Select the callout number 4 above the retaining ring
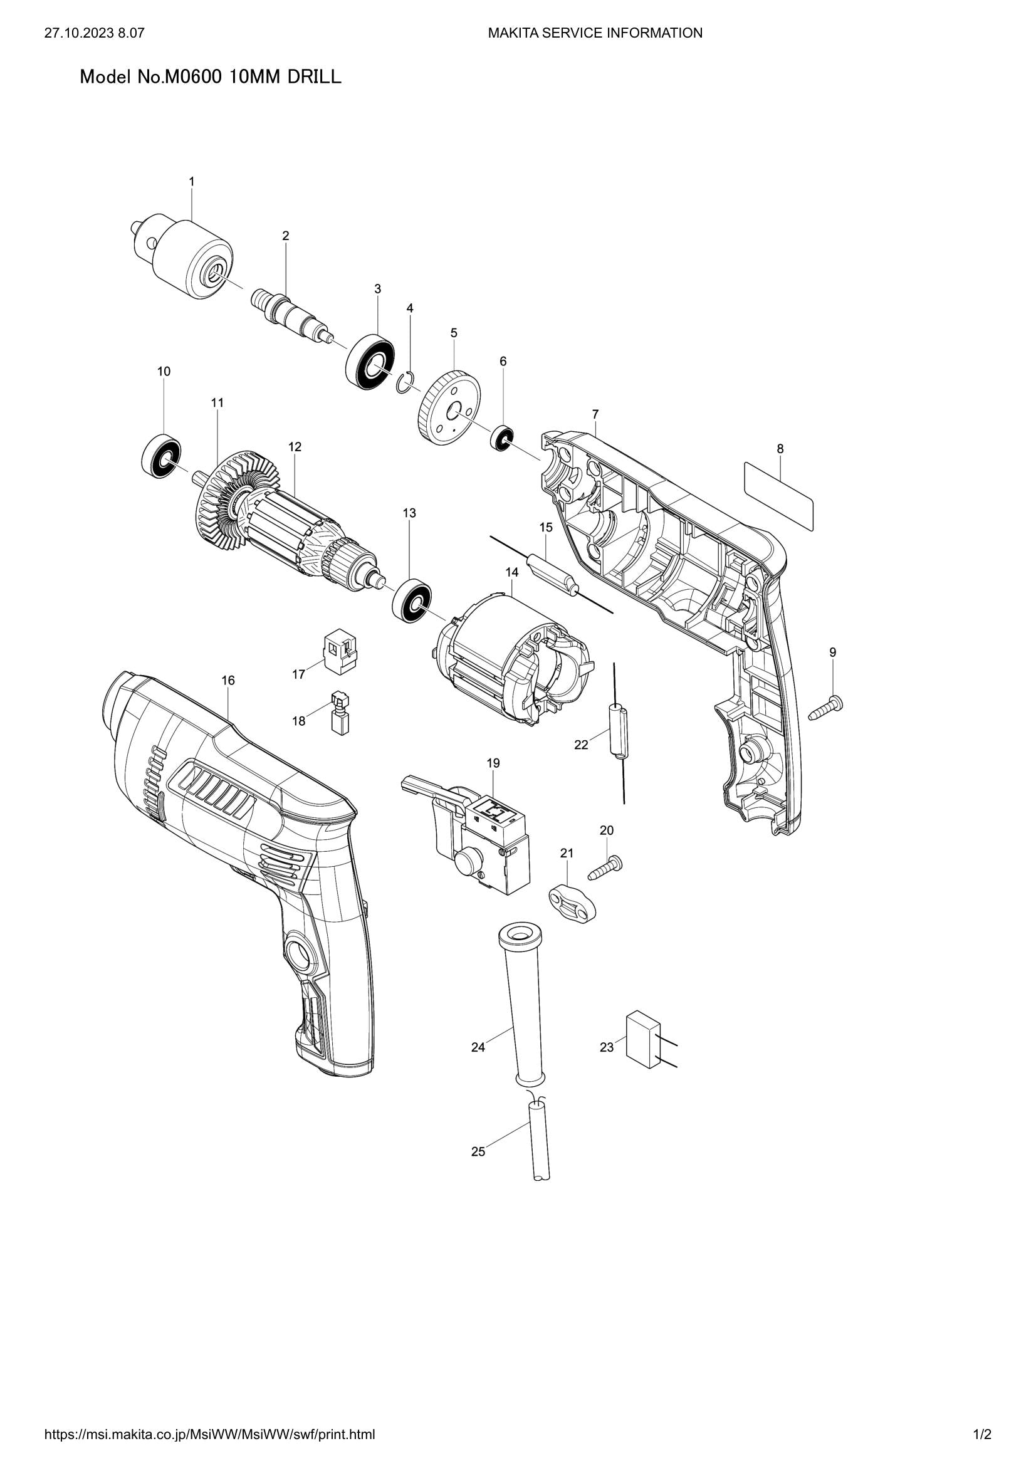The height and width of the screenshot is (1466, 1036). [x=410, y=308]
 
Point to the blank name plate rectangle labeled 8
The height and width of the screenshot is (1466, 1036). [x=779, y=497]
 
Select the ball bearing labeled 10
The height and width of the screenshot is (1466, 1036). [x=161, y=456]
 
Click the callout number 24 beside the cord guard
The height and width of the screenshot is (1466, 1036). [x=478, y=1048]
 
